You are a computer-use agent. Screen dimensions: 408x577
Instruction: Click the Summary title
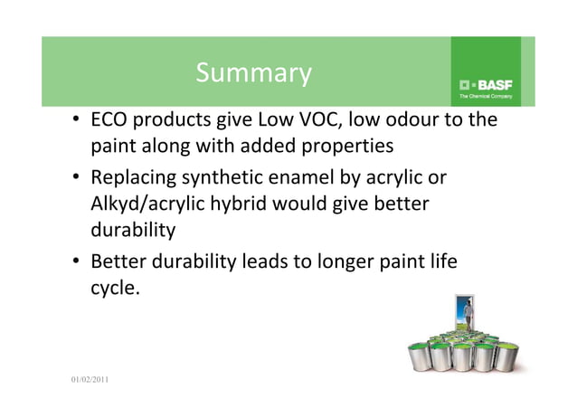coord(252,72)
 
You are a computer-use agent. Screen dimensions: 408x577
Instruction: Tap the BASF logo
coord(486,84)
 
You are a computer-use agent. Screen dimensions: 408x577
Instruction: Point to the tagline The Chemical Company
coord(486,95)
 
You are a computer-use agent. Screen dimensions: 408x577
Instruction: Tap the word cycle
coord(114,289)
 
